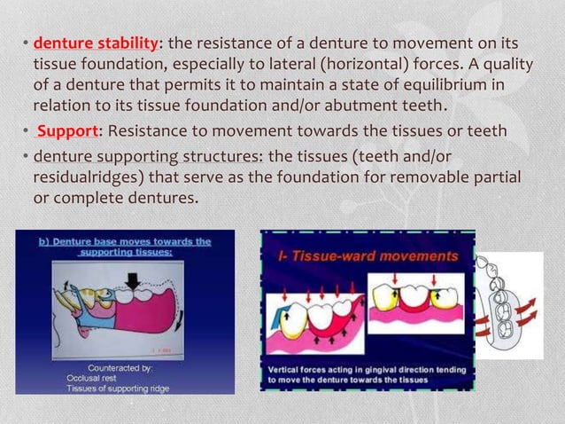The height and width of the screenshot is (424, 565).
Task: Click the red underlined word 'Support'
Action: tap(67, 131)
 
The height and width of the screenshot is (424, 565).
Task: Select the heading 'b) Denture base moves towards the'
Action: tap(125, 240)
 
